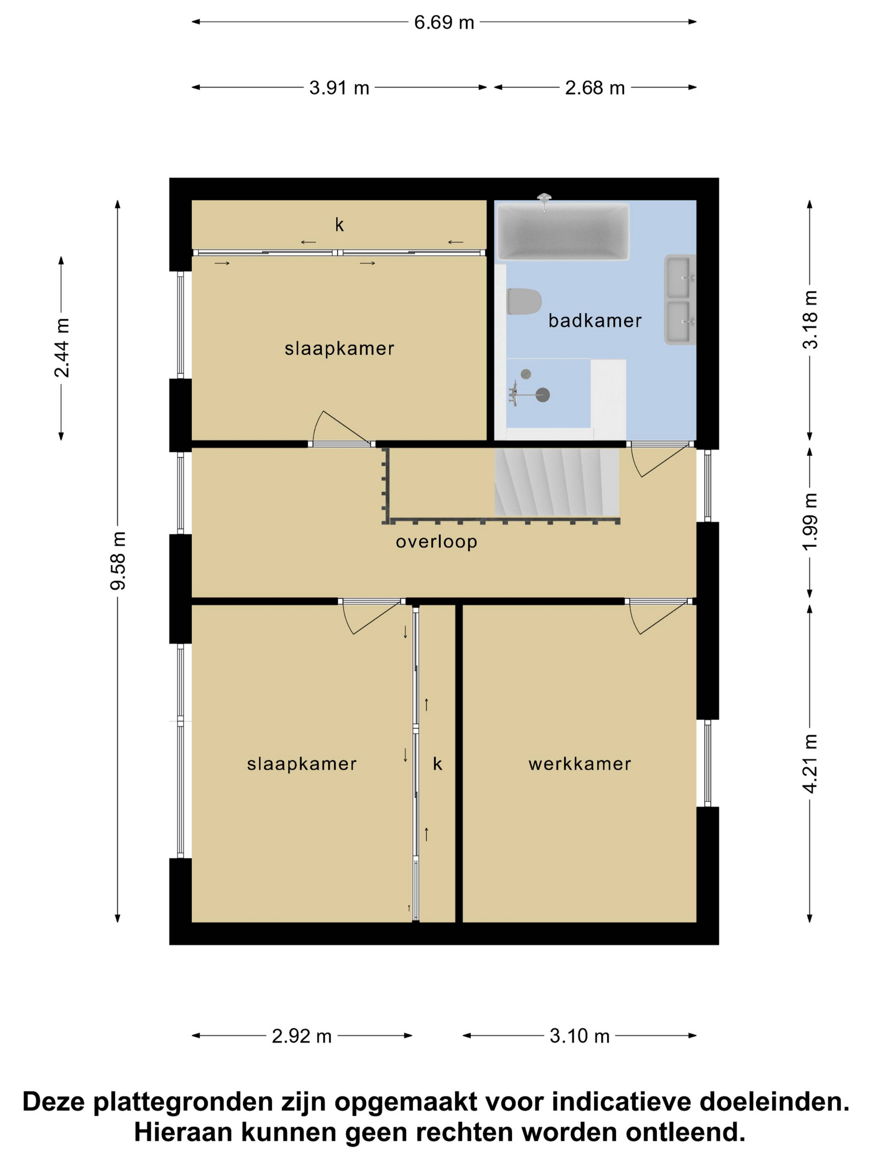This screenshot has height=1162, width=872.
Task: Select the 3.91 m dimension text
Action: click(339, 88)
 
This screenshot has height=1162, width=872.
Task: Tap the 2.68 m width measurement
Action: click(595, 88)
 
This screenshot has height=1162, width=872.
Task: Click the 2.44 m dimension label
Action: click(62, 348)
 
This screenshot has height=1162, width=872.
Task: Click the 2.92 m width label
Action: click(302, 1036)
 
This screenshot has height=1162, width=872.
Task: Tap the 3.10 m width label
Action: click(580, 1036)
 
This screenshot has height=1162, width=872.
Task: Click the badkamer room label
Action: click(595, 320)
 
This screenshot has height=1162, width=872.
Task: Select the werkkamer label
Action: click(580, 764)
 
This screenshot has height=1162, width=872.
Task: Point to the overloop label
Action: click(436, 542)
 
